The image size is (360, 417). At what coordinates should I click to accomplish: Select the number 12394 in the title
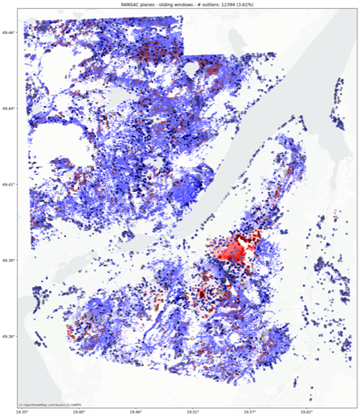click(236, 4)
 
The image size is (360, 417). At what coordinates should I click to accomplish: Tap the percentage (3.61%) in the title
click(259, 4)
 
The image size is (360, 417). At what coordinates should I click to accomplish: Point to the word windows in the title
click(188, 4)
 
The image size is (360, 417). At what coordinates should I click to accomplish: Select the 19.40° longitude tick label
click(78, 412)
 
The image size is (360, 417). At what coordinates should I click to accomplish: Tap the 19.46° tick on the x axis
click(136, 412)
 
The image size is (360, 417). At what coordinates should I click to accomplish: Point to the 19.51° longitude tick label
click(193, 412)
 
